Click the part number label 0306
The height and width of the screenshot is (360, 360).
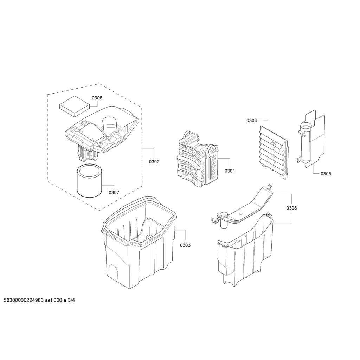pos(97,98)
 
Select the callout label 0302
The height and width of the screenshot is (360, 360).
pos(154,162)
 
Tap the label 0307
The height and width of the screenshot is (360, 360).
pos(114,193)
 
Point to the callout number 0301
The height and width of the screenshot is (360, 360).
pos(230,171)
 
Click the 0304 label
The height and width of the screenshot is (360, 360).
pos(252,121)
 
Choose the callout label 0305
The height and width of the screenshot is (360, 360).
pos(326,174)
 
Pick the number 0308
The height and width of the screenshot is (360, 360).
pos(291,208)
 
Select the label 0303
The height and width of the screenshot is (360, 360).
pos(185,245)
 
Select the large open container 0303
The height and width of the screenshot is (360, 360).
pos(139,239)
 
